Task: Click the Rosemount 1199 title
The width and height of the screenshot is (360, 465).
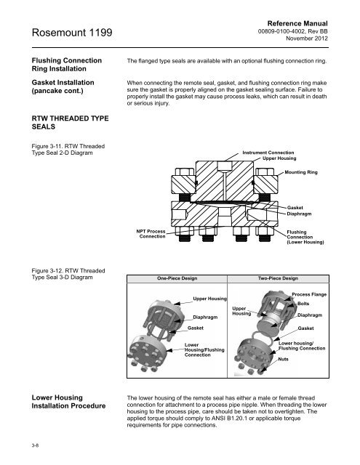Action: tap(72, 32)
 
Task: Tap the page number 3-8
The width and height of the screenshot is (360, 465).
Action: tap(35, 445)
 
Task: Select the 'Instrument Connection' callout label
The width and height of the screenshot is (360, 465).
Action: tap(268, 153)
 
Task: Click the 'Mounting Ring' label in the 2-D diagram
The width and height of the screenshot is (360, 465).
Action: tap(301, 172)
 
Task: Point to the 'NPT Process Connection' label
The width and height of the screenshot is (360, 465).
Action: tap(151, 234)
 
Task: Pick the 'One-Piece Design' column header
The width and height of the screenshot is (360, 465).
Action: tap(177, 278)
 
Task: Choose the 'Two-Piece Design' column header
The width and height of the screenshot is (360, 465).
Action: tap(278, 278)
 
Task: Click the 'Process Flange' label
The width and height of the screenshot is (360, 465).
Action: tap(309, 294)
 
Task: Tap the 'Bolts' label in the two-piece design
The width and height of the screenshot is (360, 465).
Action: tap(303, 304)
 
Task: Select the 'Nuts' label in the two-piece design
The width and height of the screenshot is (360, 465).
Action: tap(283, 359)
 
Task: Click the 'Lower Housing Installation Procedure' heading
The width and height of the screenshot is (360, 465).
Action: tap(68, 402)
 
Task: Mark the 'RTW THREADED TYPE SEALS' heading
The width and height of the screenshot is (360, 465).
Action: tap(70, 123)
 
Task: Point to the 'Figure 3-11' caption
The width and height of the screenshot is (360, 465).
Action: tap(68, 150)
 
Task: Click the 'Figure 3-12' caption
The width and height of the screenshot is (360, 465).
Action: tap(68, 274)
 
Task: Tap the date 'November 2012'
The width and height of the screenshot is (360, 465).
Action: tap(307, 39)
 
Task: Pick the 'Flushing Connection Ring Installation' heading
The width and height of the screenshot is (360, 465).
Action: tap(67, 65)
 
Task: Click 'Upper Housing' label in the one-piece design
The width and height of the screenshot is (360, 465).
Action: tap(209, 299)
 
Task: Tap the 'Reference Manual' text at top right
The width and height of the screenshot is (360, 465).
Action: tap(297, 23)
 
